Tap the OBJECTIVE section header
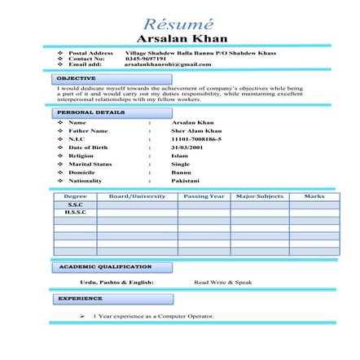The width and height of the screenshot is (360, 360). tap(76, 78)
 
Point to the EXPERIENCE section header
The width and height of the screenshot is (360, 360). tap(81, 298)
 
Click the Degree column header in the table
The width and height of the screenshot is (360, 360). tap(75, 196)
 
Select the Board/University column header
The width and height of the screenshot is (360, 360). tap(137, 196)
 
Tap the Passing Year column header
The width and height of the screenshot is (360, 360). tap(204, 196)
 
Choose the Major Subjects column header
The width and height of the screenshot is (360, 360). tap(259, 196)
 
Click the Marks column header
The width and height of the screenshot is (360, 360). tap(314, 196)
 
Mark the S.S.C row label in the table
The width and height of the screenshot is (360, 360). tap(75, 204)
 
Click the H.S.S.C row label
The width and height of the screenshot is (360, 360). tap(75, 211)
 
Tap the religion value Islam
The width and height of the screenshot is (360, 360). tap(179, 155)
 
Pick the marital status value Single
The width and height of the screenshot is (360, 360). tap(180, 163)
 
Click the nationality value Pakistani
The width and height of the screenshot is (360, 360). tap(185, 180)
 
